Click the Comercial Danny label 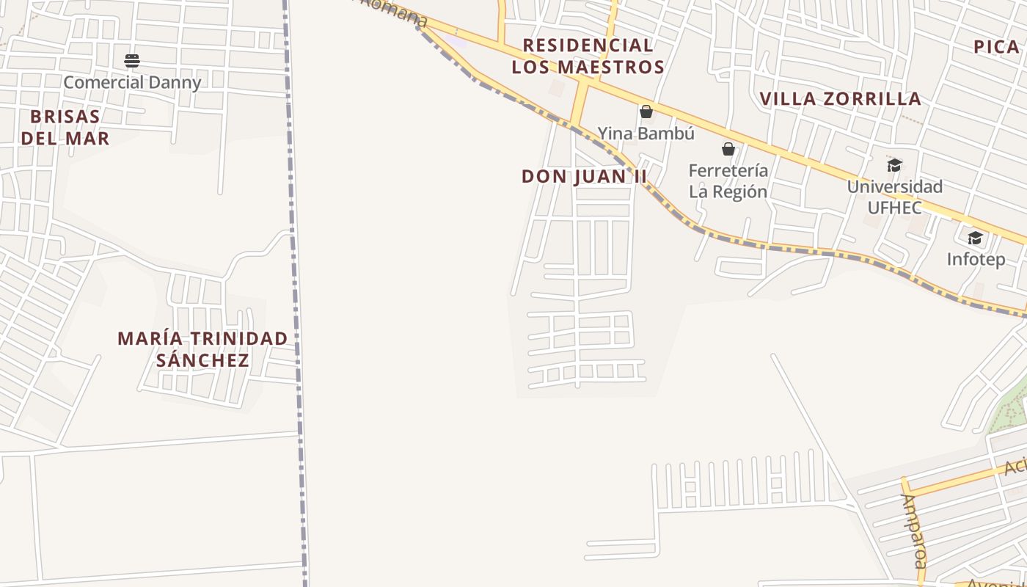pyautogui.click(x=132, y=82)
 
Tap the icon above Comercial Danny pyautogui.click(x=132, y=60)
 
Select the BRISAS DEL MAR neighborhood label pyautogui.click(x=65, y=127)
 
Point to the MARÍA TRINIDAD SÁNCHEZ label pyautogui.click(x=202, y=349)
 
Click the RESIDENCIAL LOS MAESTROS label pyautogui.click(x=588, y=56)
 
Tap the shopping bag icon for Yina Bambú pyautogui.click(x=646, y=112)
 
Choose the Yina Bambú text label pyautogui.click(x=646, y=134)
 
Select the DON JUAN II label pyautogui.click(x=585, y=176)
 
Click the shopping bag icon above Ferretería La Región pyautogui.click(x=728, y=149)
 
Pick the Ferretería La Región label pyautogui.click(x=728, y=181)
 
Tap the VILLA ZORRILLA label pyautogui.click(x=840, y=98)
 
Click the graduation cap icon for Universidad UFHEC pyautogui.click(x=894, y=165)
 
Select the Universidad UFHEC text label pyautogui.click(x=894, y=197)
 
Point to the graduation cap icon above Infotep pyautogui.click(x=975, y=238)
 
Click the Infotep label pyautogui.click(x=976, y=259)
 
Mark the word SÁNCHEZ pyautogui.click(x=202, y=360)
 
